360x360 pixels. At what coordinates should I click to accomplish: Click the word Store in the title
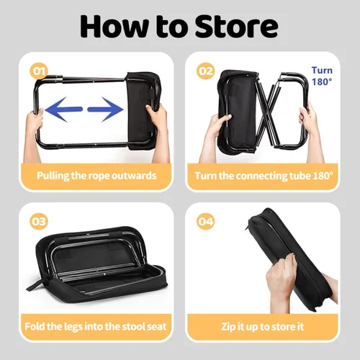tap(236, 26)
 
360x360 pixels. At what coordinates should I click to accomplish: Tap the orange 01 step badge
tap(39, 71)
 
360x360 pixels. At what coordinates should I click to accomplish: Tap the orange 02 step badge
tap(205, 71)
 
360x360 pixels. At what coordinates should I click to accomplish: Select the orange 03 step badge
tap(39, 221)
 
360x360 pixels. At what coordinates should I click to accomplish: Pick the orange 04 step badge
tap(205, 221)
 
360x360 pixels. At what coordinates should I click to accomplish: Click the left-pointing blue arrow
tap(63, 109)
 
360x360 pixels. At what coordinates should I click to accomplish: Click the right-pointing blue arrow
tap(105, 109)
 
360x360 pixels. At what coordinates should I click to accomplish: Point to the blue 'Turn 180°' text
tap(322, 76)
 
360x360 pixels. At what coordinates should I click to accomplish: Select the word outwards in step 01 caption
tap(134, 176)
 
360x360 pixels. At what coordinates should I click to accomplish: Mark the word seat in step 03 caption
tap(156, 327)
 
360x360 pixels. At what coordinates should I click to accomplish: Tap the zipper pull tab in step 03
tap(32, 286)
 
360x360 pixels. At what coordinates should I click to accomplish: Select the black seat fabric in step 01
tap(143, 111)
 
